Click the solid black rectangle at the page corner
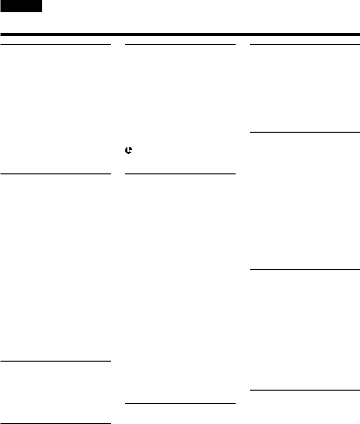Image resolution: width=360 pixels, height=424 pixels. coord(21,6)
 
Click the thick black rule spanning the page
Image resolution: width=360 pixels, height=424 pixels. coord(180,34)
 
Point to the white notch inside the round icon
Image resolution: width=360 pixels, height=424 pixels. coord(129,150)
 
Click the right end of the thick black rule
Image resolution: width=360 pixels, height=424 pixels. coord(359,34)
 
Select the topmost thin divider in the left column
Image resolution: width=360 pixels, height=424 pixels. coord(56,45)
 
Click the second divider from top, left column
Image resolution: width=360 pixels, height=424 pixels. coord(56,173)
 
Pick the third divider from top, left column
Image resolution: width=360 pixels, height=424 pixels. coord(56,361)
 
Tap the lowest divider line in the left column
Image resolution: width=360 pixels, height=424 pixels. coord(56,409)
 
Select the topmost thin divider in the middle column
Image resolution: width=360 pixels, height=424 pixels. coord(180,45)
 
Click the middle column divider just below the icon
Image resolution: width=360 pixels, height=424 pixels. coord(180,173)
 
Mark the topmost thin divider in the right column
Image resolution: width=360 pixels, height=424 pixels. coord(305,45)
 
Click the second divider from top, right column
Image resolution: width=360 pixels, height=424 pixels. coord(305,132)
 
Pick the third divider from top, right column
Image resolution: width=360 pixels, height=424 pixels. coord(305,269)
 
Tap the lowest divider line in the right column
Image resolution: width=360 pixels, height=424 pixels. coord(305,391)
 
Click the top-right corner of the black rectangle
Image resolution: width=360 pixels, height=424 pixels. coord(42,0)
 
